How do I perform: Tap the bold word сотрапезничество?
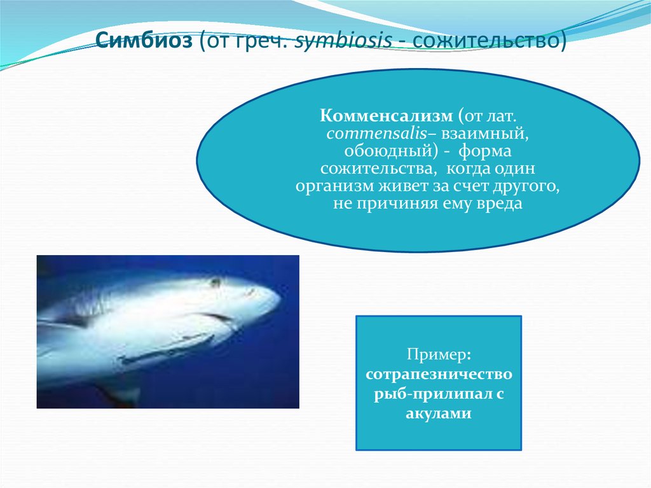coord(438,373)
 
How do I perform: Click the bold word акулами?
coord(438,414)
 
